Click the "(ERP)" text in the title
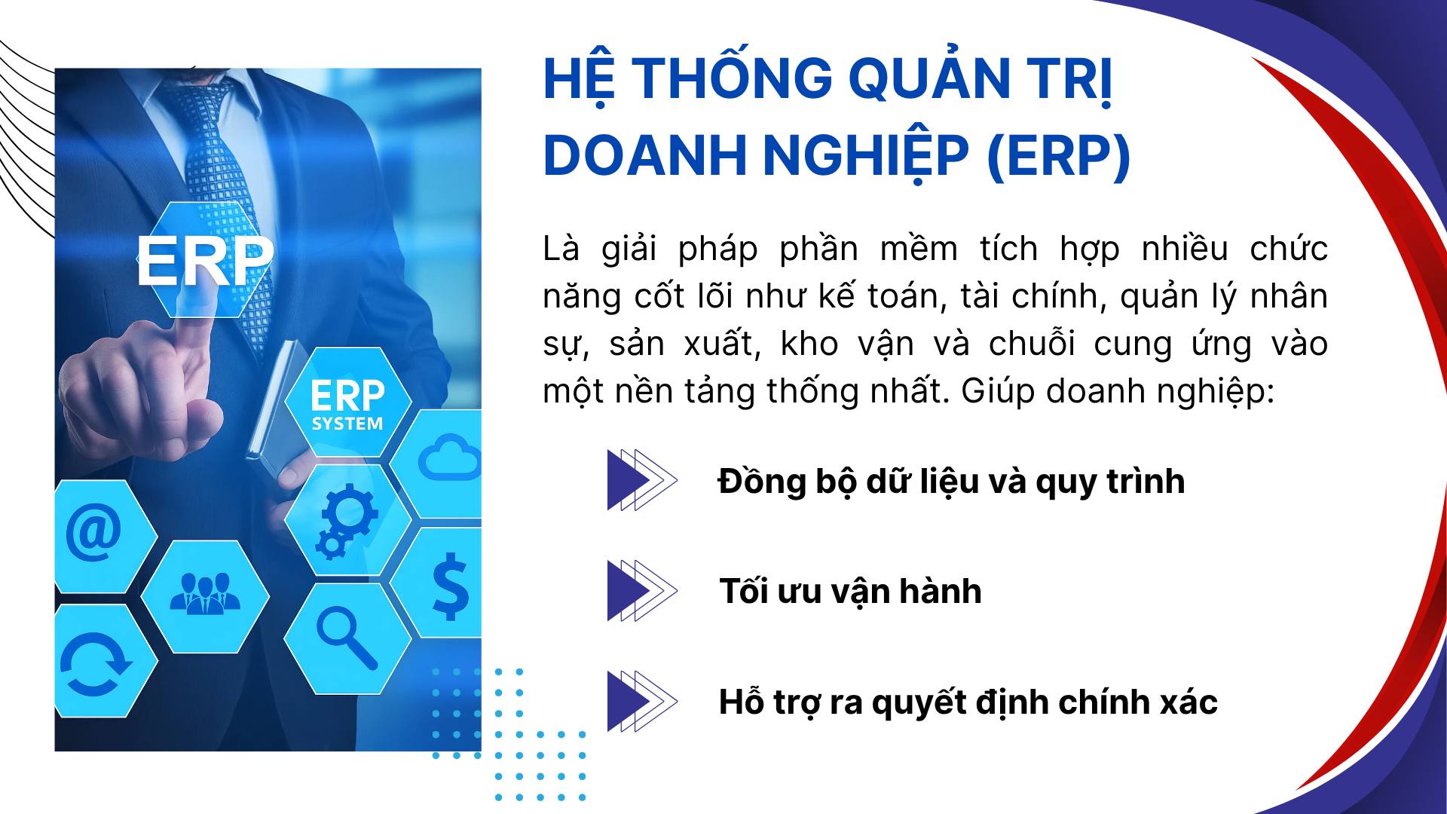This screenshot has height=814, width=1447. [1058, 155]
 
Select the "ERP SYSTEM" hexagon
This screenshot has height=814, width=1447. [347, 403]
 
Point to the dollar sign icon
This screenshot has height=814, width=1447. [450, 586]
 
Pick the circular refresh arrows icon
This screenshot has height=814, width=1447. [95, 661]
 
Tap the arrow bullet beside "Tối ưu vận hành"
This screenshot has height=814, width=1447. [641, 591]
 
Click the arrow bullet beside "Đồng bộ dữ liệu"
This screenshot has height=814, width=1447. [641, 480]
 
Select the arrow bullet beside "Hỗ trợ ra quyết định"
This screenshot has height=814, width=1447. [641, 702]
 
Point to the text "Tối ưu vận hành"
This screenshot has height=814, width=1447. [850, 592]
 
